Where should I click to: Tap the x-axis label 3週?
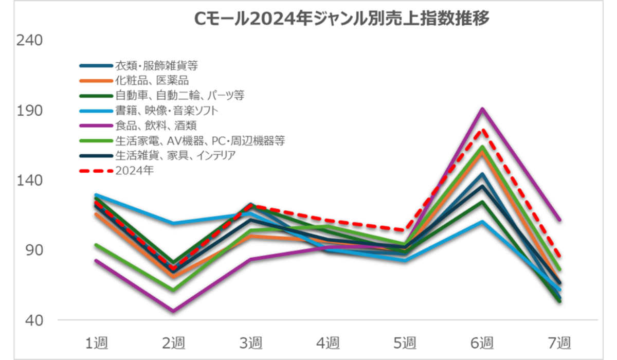coord(250,341)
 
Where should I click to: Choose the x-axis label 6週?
coord(482,341)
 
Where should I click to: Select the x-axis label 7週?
coord(559,341)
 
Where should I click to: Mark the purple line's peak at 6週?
coord(482,109)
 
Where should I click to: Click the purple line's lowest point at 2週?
coord(173,311)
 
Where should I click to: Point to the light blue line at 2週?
coord(173,223)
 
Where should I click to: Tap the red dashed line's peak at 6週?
coord(482,130)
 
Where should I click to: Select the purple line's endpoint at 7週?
coord(559,220)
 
